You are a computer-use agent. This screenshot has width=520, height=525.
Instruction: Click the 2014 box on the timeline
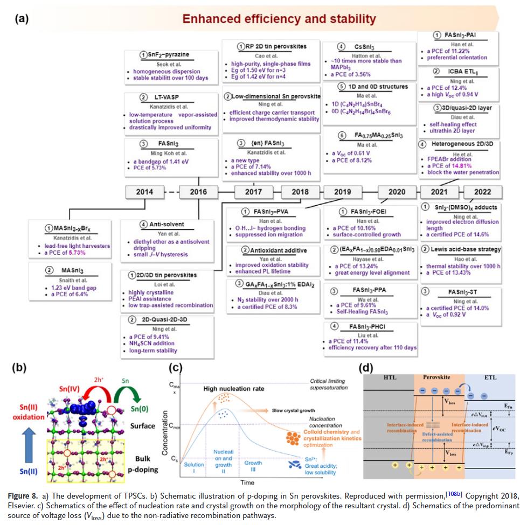pos(144,192)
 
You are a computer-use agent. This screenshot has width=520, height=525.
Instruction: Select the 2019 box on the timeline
pos(342,192)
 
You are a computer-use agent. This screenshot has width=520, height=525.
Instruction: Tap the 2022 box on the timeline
pos(482,192)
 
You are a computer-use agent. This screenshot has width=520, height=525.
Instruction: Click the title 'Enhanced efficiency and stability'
pos(279,19)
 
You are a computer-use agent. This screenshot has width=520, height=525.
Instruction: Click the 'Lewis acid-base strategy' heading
pos(462,249)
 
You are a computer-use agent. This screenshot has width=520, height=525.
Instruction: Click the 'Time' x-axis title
pos(247,482)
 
